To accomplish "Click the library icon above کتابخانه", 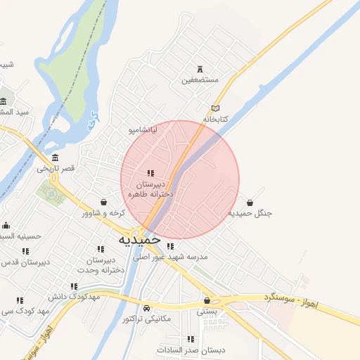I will pos(215,108).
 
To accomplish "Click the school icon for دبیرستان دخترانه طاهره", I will pos(150,173).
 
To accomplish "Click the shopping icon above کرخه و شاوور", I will pos(104,202).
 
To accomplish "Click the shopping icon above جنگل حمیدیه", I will pos(250,202).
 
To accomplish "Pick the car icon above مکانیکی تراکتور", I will pos(146,309).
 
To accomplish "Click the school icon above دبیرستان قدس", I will pos(26,251).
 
